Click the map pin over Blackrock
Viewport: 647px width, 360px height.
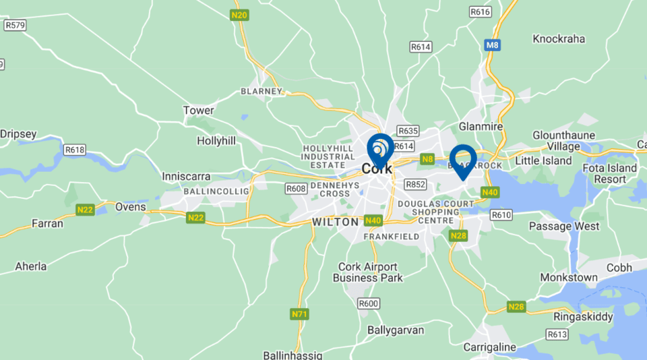[x=463, y=160]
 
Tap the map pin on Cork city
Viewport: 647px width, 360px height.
[x=380, y=148]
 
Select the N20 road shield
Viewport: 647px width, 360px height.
[x=239, y=15]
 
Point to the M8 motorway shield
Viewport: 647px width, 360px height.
[x=493, y=45]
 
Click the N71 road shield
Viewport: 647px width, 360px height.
[x=300, y=314]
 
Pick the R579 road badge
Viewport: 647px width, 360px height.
[x=14, y=25]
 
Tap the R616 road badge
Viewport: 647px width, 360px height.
[x=480, y=11]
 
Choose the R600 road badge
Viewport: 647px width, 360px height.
[x=369, y=303]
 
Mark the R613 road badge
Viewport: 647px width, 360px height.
[x=557, y=334]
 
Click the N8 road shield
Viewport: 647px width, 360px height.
[x=427, y=159]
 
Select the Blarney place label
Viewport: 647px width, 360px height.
[x=261, y=91]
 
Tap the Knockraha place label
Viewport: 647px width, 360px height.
[x=559, y=38]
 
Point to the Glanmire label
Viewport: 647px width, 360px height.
[x=481, y=126]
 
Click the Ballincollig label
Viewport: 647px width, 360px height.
[x=216, y=191]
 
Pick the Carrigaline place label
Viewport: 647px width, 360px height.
[x=490, y=347]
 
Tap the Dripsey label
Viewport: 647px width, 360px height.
[x=18, y=134]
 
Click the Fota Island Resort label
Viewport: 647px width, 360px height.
[x=610, y=173]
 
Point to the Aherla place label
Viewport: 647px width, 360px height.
[x=31, y=266]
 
